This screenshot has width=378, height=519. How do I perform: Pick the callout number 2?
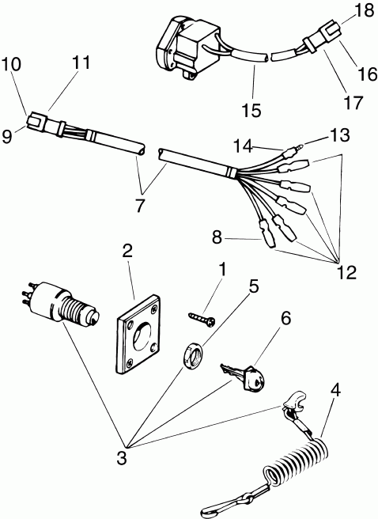pos(127,252)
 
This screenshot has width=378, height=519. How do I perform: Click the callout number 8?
pos(217,235)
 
